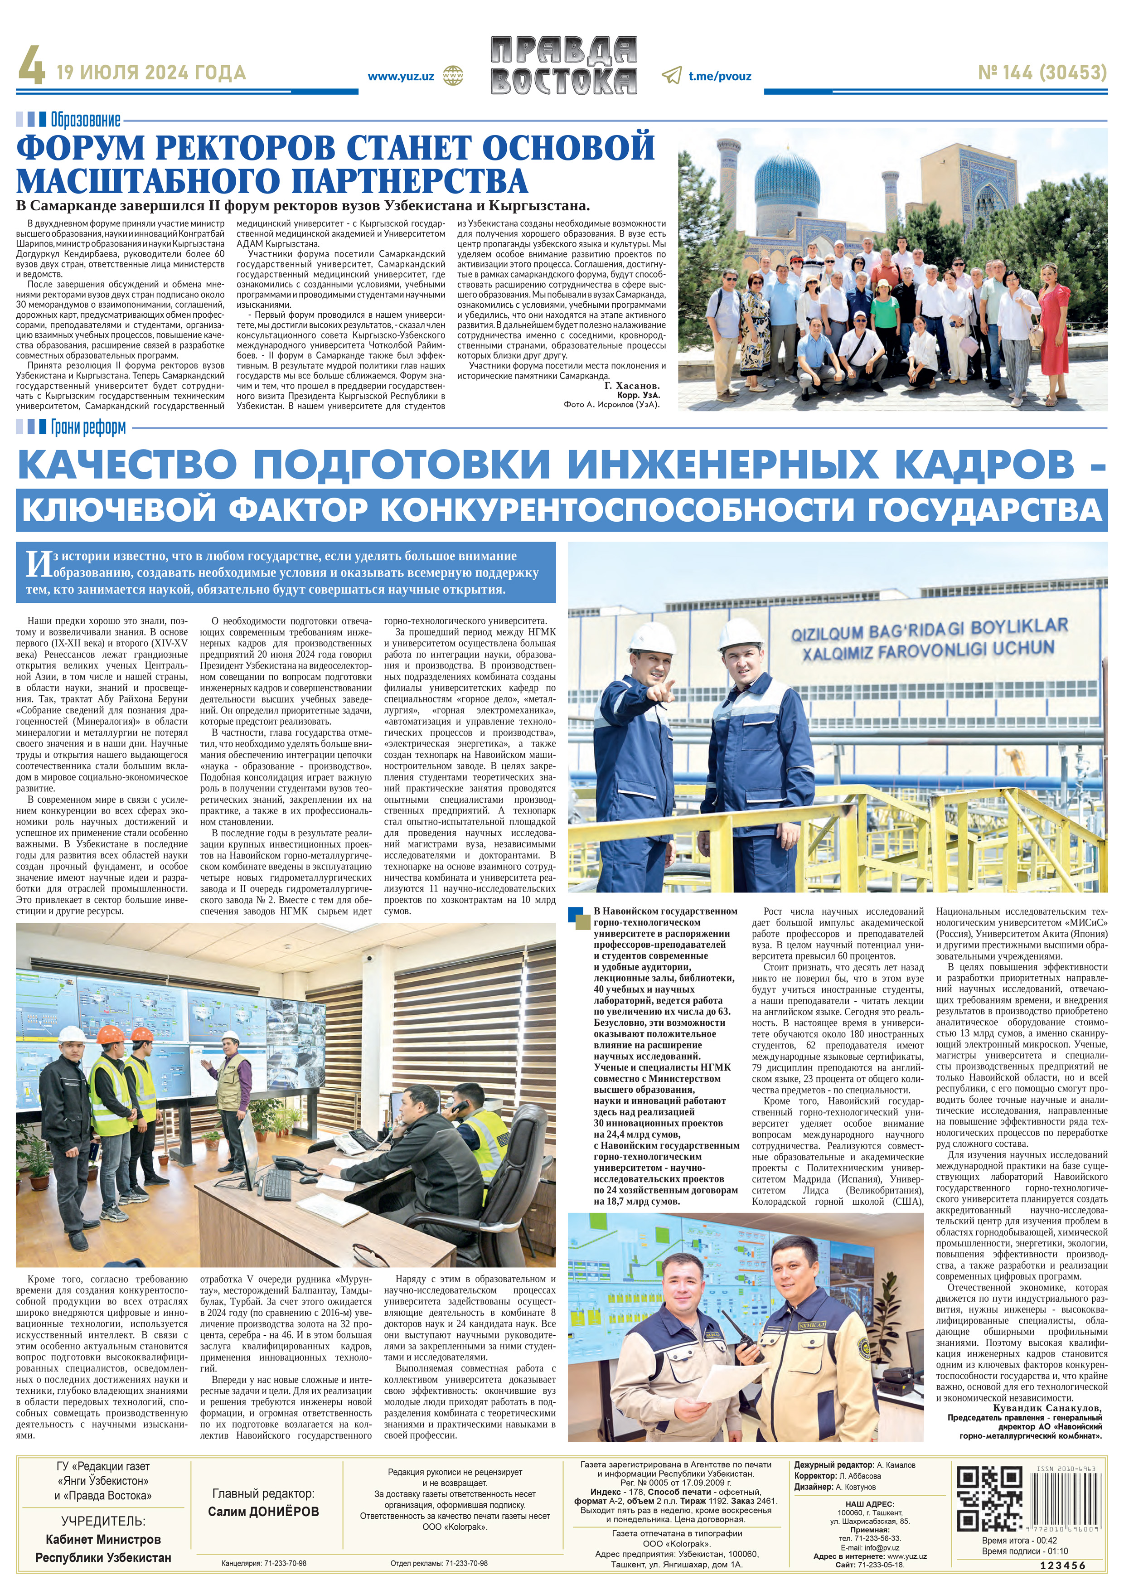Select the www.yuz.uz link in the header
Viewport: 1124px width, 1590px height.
coord(400,76)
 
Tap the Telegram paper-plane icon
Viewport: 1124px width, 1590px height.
coord(671,76)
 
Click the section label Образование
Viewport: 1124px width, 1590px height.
coord(85,120)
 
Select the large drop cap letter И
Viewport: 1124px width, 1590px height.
coord(38,564)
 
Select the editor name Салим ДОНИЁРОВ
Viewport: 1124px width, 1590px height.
coord(263,1511)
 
